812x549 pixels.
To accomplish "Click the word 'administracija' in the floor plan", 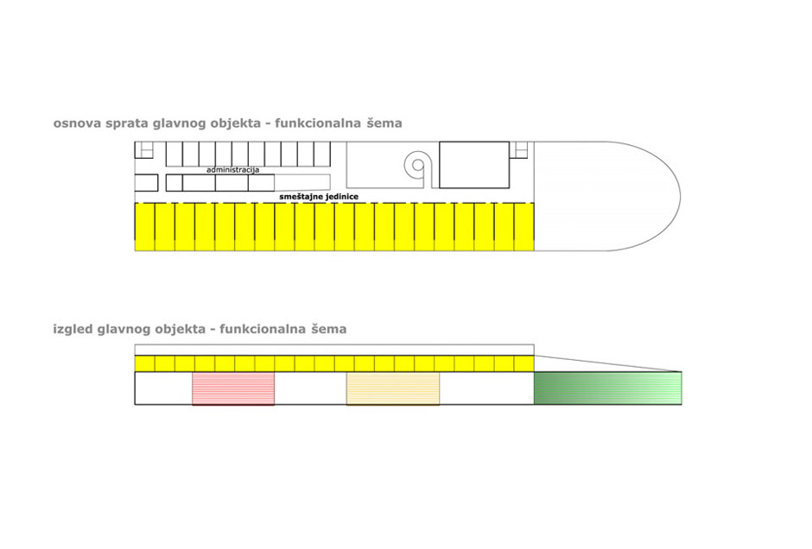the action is coord(232,170).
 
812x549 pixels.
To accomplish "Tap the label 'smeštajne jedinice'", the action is coord(319,197).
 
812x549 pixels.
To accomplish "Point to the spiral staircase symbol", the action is coord(417,166).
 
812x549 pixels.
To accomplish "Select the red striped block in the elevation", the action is coord(233,388).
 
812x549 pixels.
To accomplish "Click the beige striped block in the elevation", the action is coord(393,388).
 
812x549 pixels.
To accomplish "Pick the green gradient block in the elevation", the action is coord(608,388).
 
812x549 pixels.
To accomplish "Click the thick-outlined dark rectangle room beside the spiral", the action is coord(474,165).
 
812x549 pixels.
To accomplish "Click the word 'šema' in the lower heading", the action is coord(329,329).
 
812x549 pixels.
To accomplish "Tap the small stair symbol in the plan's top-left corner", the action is coord(144,149).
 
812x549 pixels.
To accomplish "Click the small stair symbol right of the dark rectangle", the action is coord(518,149).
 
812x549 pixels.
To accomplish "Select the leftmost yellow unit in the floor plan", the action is coord(144,227).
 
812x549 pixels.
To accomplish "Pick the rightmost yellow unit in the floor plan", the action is coord(524,227).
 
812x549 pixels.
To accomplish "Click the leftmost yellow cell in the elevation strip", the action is coord(144,363).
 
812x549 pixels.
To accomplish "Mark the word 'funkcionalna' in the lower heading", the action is coord(263,329).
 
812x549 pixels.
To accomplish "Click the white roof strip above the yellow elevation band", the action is coord(334,350).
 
